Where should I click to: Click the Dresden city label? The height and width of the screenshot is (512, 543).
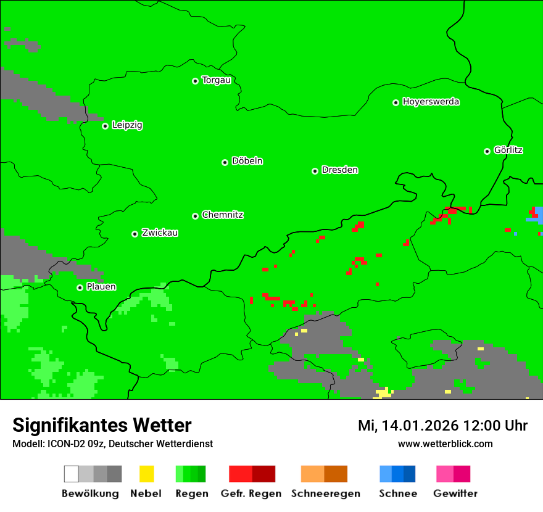click(x=339, y=170)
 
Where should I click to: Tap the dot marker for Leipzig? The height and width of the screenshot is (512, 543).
click(x=105, y=126)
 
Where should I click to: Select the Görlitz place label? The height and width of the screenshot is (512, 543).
click(x=508, y=150)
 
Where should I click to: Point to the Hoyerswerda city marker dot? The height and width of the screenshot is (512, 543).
click(x=396, y=102)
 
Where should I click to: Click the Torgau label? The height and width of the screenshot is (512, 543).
click(x=216, y=80)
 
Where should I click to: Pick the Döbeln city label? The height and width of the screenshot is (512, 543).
click(x=247, y=161)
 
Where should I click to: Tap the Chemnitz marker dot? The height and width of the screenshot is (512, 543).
click(x=196, y=216)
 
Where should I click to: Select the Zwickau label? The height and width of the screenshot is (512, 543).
click(x=160, y=233)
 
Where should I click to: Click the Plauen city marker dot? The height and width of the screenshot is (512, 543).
click(x=80, y=287)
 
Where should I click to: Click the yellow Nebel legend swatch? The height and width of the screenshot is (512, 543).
click(x=146, y=474)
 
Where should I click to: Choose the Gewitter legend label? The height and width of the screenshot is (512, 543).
click(x=455, y=493)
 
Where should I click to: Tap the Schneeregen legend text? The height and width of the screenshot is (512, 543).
click(x=325, y=493)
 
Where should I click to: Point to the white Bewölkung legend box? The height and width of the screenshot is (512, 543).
click(x=71, y=474)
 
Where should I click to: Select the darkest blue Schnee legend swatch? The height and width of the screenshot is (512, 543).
click(x=409, y=474)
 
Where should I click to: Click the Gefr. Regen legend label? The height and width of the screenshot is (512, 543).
click(x=251, y=493)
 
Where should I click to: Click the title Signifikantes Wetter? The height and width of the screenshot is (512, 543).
click(x=102, y=425)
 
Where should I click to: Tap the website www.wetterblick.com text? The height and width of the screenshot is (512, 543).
click(x=445, y=444)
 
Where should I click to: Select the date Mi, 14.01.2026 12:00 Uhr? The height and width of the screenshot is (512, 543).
click(x=442, y=426)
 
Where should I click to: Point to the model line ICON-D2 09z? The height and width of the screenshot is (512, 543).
click(x=112, y=444)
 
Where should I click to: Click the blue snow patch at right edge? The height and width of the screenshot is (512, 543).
click(x=538, y=215)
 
